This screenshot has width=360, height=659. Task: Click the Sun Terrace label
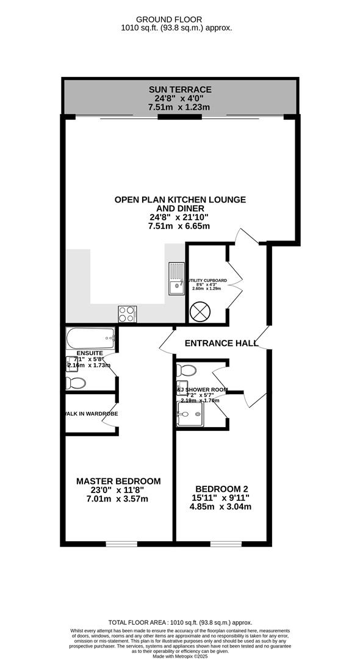point(179,90)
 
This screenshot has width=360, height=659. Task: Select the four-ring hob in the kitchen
point(127,314)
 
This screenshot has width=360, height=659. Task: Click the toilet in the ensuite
point(76,383)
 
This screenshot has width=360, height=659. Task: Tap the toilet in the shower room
point(185,370)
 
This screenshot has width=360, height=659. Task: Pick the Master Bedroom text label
point(118,481)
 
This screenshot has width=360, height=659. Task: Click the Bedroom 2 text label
point(222,489)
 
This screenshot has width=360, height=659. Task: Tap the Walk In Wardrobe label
point(92,414)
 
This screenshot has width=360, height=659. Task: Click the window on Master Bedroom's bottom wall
point(121,543)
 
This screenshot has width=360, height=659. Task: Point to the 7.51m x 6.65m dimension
point(179,226)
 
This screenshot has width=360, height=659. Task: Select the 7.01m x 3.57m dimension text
point(118,499)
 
